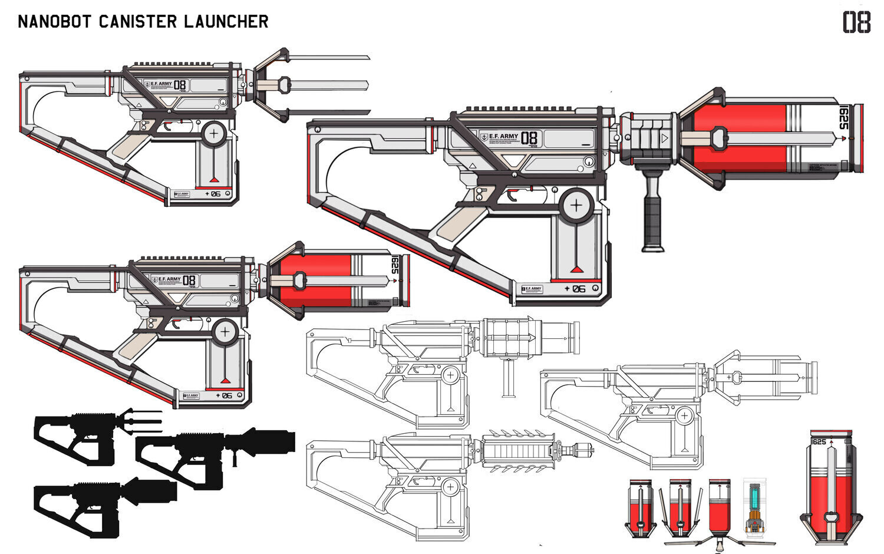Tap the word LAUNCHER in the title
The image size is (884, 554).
click(x=226, y=22)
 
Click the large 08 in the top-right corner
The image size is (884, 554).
click(x=856, y=23)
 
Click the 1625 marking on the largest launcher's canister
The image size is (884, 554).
click(x=843, y=118)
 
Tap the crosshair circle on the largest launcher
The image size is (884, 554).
click(x=576, y=206)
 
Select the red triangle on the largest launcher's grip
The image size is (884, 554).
click(x=576, y=270)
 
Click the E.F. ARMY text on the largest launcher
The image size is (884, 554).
click(x=503, y=136)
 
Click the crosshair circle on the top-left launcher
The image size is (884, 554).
click(x=213, y=133)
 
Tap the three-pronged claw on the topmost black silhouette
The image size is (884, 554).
click(x=141, y=419)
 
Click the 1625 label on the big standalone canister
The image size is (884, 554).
click(x=819, y=442)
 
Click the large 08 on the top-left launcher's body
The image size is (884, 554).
click(x=180, y=85)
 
